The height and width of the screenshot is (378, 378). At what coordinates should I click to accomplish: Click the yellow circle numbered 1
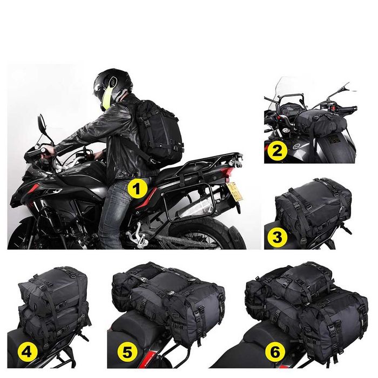click(137, 188)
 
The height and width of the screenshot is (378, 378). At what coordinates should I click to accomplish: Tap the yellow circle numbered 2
click(276, 151)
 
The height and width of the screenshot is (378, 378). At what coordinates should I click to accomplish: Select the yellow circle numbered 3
click(276, 237)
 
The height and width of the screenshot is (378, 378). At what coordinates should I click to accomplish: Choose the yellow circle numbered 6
click(275, 353)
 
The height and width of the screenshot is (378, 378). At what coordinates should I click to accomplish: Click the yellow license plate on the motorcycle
click(234, 191)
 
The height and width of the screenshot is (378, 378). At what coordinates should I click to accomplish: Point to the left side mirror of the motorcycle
click(42, 123)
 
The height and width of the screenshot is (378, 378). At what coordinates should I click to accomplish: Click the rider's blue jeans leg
click(113, 212)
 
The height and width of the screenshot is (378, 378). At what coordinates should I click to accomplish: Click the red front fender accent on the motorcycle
click(33, 187)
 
